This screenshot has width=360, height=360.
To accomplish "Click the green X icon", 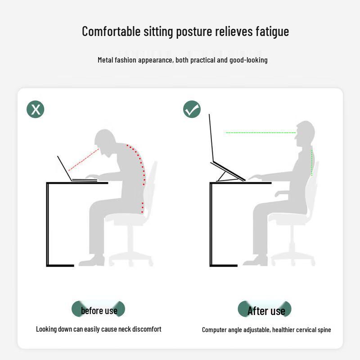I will pos(36,109).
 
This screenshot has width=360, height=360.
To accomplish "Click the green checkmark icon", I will pos(192,109).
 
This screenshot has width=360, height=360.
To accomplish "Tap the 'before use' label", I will pos(99,310).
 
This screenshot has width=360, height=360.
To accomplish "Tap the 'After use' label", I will pos(265,310).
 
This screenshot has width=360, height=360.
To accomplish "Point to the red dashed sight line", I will pos(84,159).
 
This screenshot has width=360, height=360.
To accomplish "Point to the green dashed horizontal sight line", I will pos(260,133).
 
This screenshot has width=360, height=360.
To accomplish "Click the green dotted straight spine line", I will pos(311,162).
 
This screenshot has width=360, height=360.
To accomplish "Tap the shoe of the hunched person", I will pos(92,261).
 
